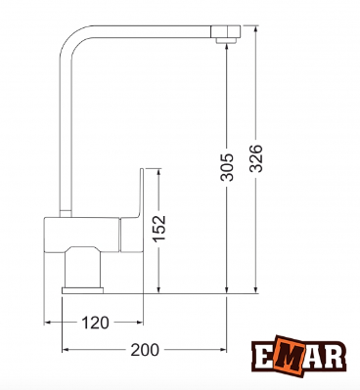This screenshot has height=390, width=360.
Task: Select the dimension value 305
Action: (x=227, y=167)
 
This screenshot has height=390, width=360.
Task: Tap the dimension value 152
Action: (x=159, y=228)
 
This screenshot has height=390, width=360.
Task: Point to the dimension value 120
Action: (x=95, y=323)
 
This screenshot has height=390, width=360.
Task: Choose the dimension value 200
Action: (x=145, y=350)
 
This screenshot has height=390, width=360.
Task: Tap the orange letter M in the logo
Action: (x=288, y=356)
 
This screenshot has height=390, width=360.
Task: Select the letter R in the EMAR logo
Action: (x=334, y=356)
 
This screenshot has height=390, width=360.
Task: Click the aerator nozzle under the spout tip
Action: (x=226, y=40)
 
